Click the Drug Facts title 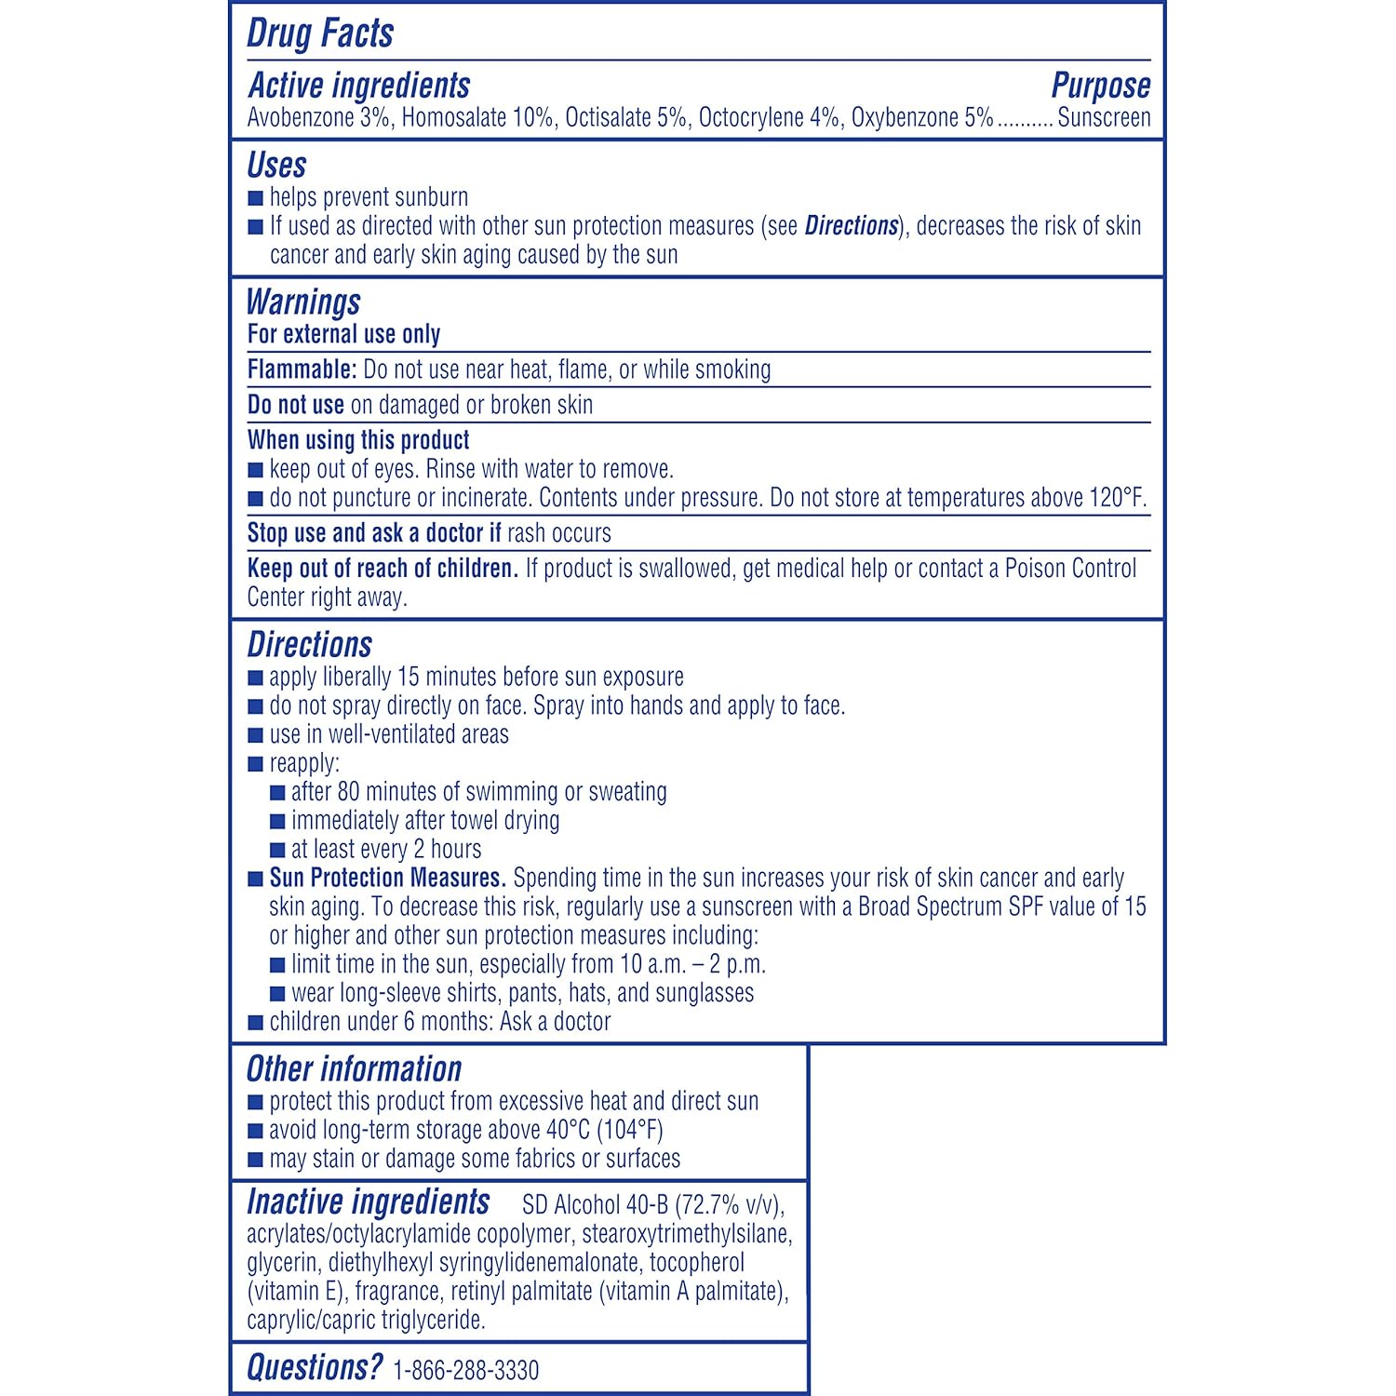(320, 34)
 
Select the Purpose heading (1100, 86)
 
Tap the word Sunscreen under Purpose (1104, 118)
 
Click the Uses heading (276, 166)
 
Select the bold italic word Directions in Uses (852, 226)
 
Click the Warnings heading (303, 302)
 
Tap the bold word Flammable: (302, 370)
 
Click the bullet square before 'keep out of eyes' (256, 470)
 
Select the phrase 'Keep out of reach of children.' (383, 569)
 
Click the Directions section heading (309, 645)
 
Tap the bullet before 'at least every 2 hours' (277, 850)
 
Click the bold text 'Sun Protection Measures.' (387, 879)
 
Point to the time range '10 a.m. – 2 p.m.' (692, 965)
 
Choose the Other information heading (354, 1069)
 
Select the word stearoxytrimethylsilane (687, 1235)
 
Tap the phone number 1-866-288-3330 (466, 1371)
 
